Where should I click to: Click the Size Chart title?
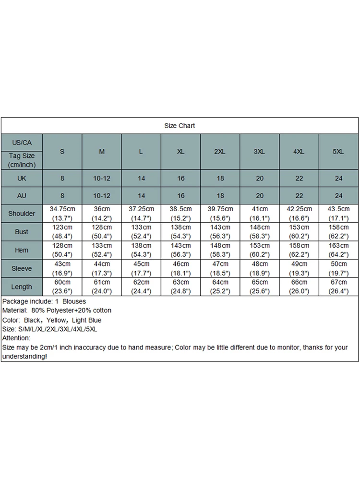[x=180, y=126]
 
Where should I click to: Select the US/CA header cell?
[x=22, y=143]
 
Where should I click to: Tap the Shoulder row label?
[x=22, y=214]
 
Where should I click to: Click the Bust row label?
[x=22, y=232]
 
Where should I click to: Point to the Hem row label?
[x=22, y=250]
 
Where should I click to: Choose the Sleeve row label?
[x=22, y=268]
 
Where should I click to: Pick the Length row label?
[x=22, y=287]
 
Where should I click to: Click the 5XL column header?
[x=338, y=152]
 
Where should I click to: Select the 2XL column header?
[x=220, y=152]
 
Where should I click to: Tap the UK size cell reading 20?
[x=259, y=178]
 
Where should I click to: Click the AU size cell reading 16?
[x=180, y=196]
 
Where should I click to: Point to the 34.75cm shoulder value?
[x=62, y=209]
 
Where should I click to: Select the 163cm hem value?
[x=338, y=245]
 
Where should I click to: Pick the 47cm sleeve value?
[x=220, y=264]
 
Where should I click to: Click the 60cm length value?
[x=62, y=282]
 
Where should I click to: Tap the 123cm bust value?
[x=62, y=227]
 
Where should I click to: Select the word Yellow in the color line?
[x=56, y=320]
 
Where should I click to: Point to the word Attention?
[x=16, y=338]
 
